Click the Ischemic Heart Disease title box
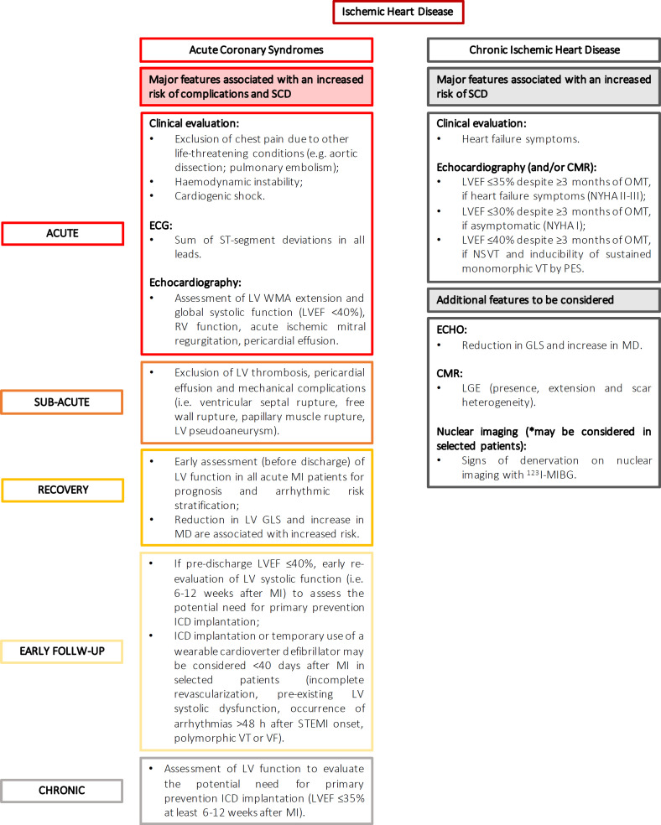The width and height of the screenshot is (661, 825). click(398, 13)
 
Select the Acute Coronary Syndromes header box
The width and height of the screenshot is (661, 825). click(256, 49)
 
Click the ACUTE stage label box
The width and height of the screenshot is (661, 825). click(63, 234)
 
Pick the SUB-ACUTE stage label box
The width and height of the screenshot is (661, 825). click(63, 402)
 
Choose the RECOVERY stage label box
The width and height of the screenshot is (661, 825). click(63, 490)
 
